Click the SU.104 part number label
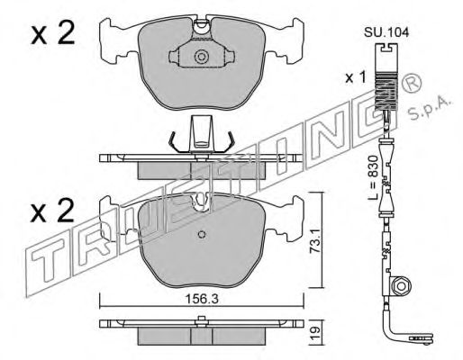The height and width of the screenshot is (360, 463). (x=386, y=32)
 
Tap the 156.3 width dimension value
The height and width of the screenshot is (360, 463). (x=202, y=299)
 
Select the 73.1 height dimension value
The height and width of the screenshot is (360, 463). (x=314, y=241)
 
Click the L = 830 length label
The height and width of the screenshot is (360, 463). (x=373, y=177)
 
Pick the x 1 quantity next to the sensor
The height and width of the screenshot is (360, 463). (x=356, y=78)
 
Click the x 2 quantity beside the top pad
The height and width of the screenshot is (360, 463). (x=52, y=33)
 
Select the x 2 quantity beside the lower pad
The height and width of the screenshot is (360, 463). (x=52, y=211)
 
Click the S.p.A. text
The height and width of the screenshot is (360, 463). (x=430, y=109)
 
